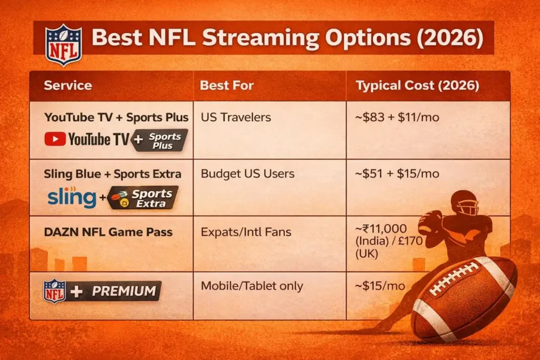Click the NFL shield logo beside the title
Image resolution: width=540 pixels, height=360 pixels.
coord(63,45)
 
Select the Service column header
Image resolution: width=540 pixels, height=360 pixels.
coord(67,86)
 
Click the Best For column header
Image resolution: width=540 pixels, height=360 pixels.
coord(227,86)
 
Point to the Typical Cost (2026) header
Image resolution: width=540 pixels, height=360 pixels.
coord(418,86)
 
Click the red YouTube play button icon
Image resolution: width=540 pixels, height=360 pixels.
coord(55,139)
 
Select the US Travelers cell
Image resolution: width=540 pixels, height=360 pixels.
coord(236,117)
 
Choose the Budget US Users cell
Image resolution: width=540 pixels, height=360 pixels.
coord(248,174)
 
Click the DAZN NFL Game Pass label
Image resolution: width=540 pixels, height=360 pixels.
coord(108,231)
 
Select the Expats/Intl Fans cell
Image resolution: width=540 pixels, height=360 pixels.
coord(246,231)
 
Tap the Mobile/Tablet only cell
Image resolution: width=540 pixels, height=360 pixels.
coord(252,286)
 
